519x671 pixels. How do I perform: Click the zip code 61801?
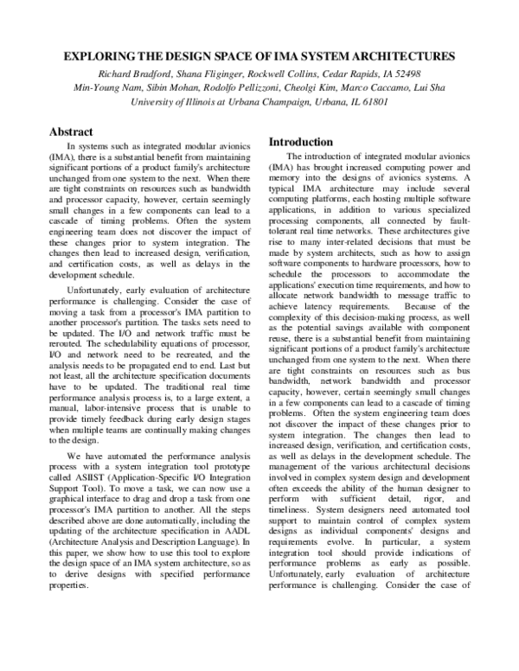coord(372,101)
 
